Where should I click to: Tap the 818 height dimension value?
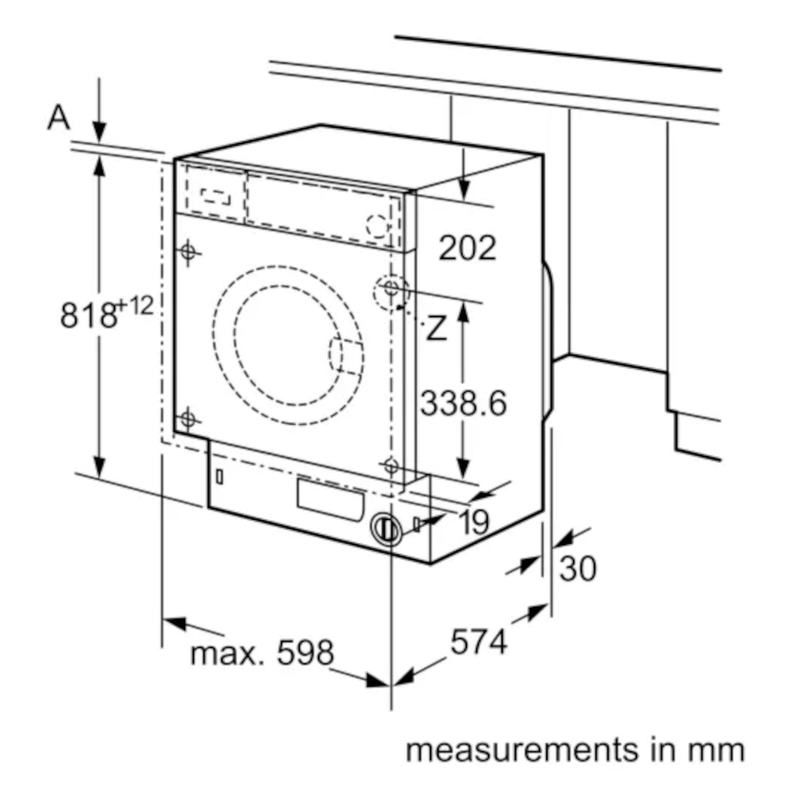(88, 315)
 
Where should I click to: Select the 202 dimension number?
(467, 248)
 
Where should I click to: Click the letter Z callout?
(436, 327)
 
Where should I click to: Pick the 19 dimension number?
(474, 521)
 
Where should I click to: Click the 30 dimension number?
(578, 569)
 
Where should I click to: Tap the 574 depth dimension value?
(479, 642)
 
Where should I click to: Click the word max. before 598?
(227, 655)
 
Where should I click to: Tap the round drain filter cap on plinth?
(386, 530)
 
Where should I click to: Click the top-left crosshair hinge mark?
(188, 251)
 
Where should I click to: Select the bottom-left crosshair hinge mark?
(188, 419)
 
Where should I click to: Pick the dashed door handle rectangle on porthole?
(346, 356)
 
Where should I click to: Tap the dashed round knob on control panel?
(377, 226)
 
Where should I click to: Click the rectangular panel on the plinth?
(330, 500)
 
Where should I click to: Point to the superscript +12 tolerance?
(136, 306)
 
